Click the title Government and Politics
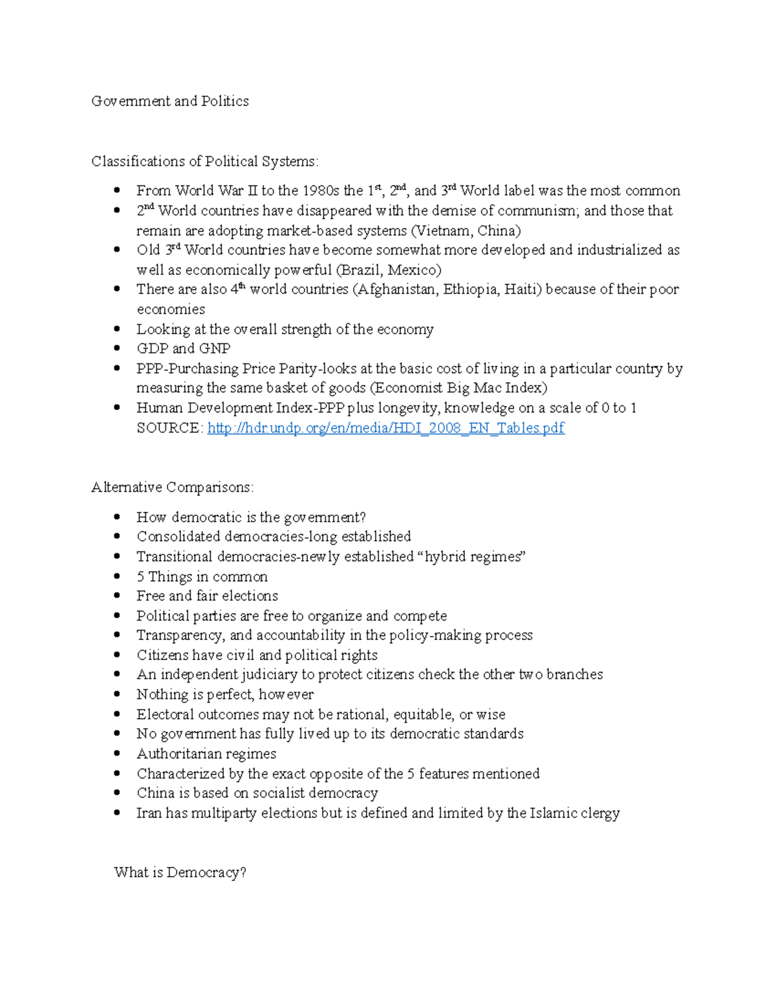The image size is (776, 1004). pyautogui.click(x=170, y=101)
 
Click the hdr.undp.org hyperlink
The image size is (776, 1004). pyautogui.click(x=385, y=428)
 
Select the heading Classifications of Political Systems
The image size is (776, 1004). pyautogui.click(x=204, y=161)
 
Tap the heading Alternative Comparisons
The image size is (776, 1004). pyautogui.click(x=173, y=487)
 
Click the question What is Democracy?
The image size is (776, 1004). pyautogui.click(x=180, y=872)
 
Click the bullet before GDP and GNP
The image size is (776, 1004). pyautogui.click(x=117, y=348)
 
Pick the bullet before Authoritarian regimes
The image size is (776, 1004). pyautogui.click(x=117, y=754)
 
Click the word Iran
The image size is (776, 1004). pyautogui.click(x=149, y=813)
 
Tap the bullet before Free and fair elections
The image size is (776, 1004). pyautogui.click(x=117, y=596)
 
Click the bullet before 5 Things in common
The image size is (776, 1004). pyautogui.click(x=117, y=577)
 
